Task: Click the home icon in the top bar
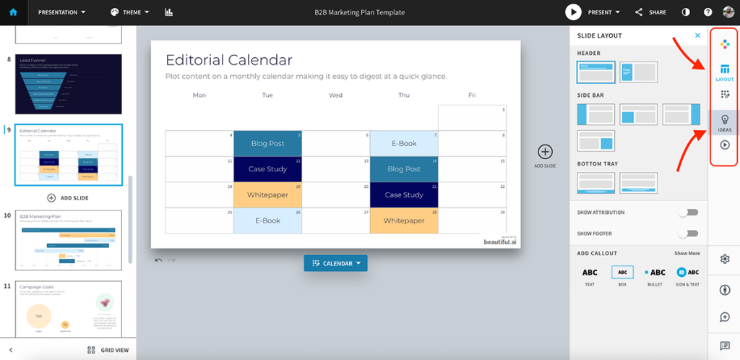pyautogui.click(x=13, y=12)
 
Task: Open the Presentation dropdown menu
pyautogui.click(x=61, y=12)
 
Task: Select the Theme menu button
pyautogui.click(x=130, y=12)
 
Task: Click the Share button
pyautogui.click(x=650, y=12)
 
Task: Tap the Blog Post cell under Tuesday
pyautogui.click(x=267, y=143)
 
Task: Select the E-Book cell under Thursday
pyautogui.click(x=404, y=143)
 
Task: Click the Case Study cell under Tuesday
pyautogui.click(x=267, y=169)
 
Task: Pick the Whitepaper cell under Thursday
pyautogui.click(x=404, y=220)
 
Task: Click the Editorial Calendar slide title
pyautogui.click(x=228, y=60)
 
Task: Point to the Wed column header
pyautogui.click(x=335, y=95)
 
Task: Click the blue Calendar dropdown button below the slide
pyautogui.click(x=335, y=263)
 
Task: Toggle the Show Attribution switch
pyautogui.click(x=688, y=213)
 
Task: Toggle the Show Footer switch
pyautogui.click(x=688, y=233)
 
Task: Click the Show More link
pyautogui.click(x=687, y=254)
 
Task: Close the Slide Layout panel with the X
pyautogui.click(x=697, y=35)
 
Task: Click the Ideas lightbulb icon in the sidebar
pyautogui.click(x=725, y=121)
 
